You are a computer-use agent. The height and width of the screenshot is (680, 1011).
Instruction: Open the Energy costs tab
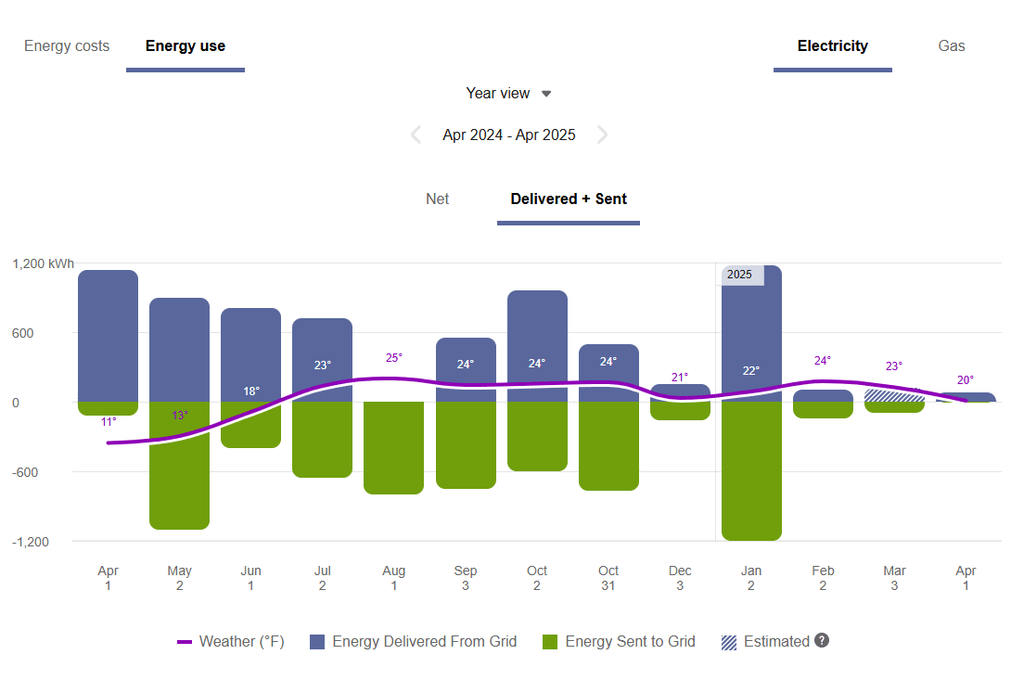[x=67, y=46]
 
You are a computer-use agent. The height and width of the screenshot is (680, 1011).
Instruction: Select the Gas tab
[x=952, y=46]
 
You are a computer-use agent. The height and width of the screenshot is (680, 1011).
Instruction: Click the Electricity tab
[x=832, y=46]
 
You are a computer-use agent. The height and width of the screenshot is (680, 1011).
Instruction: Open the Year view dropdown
[x=508, y=94]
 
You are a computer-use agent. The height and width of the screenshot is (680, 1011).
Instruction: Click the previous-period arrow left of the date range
[x=416, y=135]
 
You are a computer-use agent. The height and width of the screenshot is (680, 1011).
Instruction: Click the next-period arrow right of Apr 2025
[x=602, y=135]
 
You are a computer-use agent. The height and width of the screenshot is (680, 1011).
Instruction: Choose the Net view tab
[x=437, y=199]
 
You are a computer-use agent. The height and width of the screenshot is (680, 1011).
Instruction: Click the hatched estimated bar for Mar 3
[x=894, y=396]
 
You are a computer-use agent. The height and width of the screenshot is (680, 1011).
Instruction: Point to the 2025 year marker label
[x=741, y=276]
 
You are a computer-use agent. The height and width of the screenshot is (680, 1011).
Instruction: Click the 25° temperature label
[x=393, y=358]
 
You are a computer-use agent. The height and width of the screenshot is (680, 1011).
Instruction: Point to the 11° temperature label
[x=109, y=422]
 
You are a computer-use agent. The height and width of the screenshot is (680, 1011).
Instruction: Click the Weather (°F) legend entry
[x=231, y=642]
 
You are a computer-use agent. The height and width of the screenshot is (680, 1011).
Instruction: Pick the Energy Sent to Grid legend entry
[x=619, y=642]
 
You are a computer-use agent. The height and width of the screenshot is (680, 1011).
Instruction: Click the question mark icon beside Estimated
[x=821, y=641]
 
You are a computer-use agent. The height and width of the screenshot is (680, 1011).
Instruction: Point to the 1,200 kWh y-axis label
[x=43, y=264]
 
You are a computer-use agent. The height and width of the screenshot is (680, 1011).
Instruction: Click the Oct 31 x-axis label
[x=608, y=578]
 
